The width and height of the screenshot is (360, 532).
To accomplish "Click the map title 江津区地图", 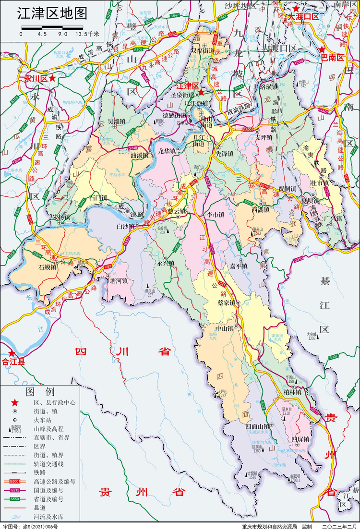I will coord(52,14).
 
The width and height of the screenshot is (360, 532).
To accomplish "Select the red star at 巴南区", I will coord(322,49).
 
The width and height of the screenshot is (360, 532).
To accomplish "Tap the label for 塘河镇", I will coord(118,281).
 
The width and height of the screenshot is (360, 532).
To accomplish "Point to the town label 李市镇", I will coord(216,215).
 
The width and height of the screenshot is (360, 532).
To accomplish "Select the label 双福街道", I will coord(202,50).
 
